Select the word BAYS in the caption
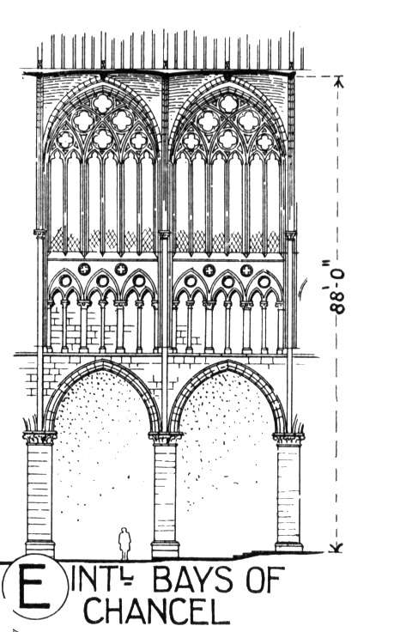tap(193, 580)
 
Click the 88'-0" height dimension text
tap(336, 287)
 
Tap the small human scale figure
tap(124, 544)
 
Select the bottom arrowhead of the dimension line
tap(337, 547)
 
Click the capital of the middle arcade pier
tap(165, 438)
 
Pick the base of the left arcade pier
tap(39, 549)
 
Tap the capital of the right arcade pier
tap(288, 438)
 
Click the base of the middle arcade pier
tap(165, 550)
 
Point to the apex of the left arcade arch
tap(104, 361)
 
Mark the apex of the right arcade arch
tap(228, 362)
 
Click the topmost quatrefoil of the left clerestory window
tap(103, 103)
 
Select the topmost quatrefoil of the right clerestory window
tap(228, 103)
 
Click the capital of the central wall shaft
tap(164, 234)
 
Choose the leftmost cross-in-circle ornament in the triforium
tap(84, 269)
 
